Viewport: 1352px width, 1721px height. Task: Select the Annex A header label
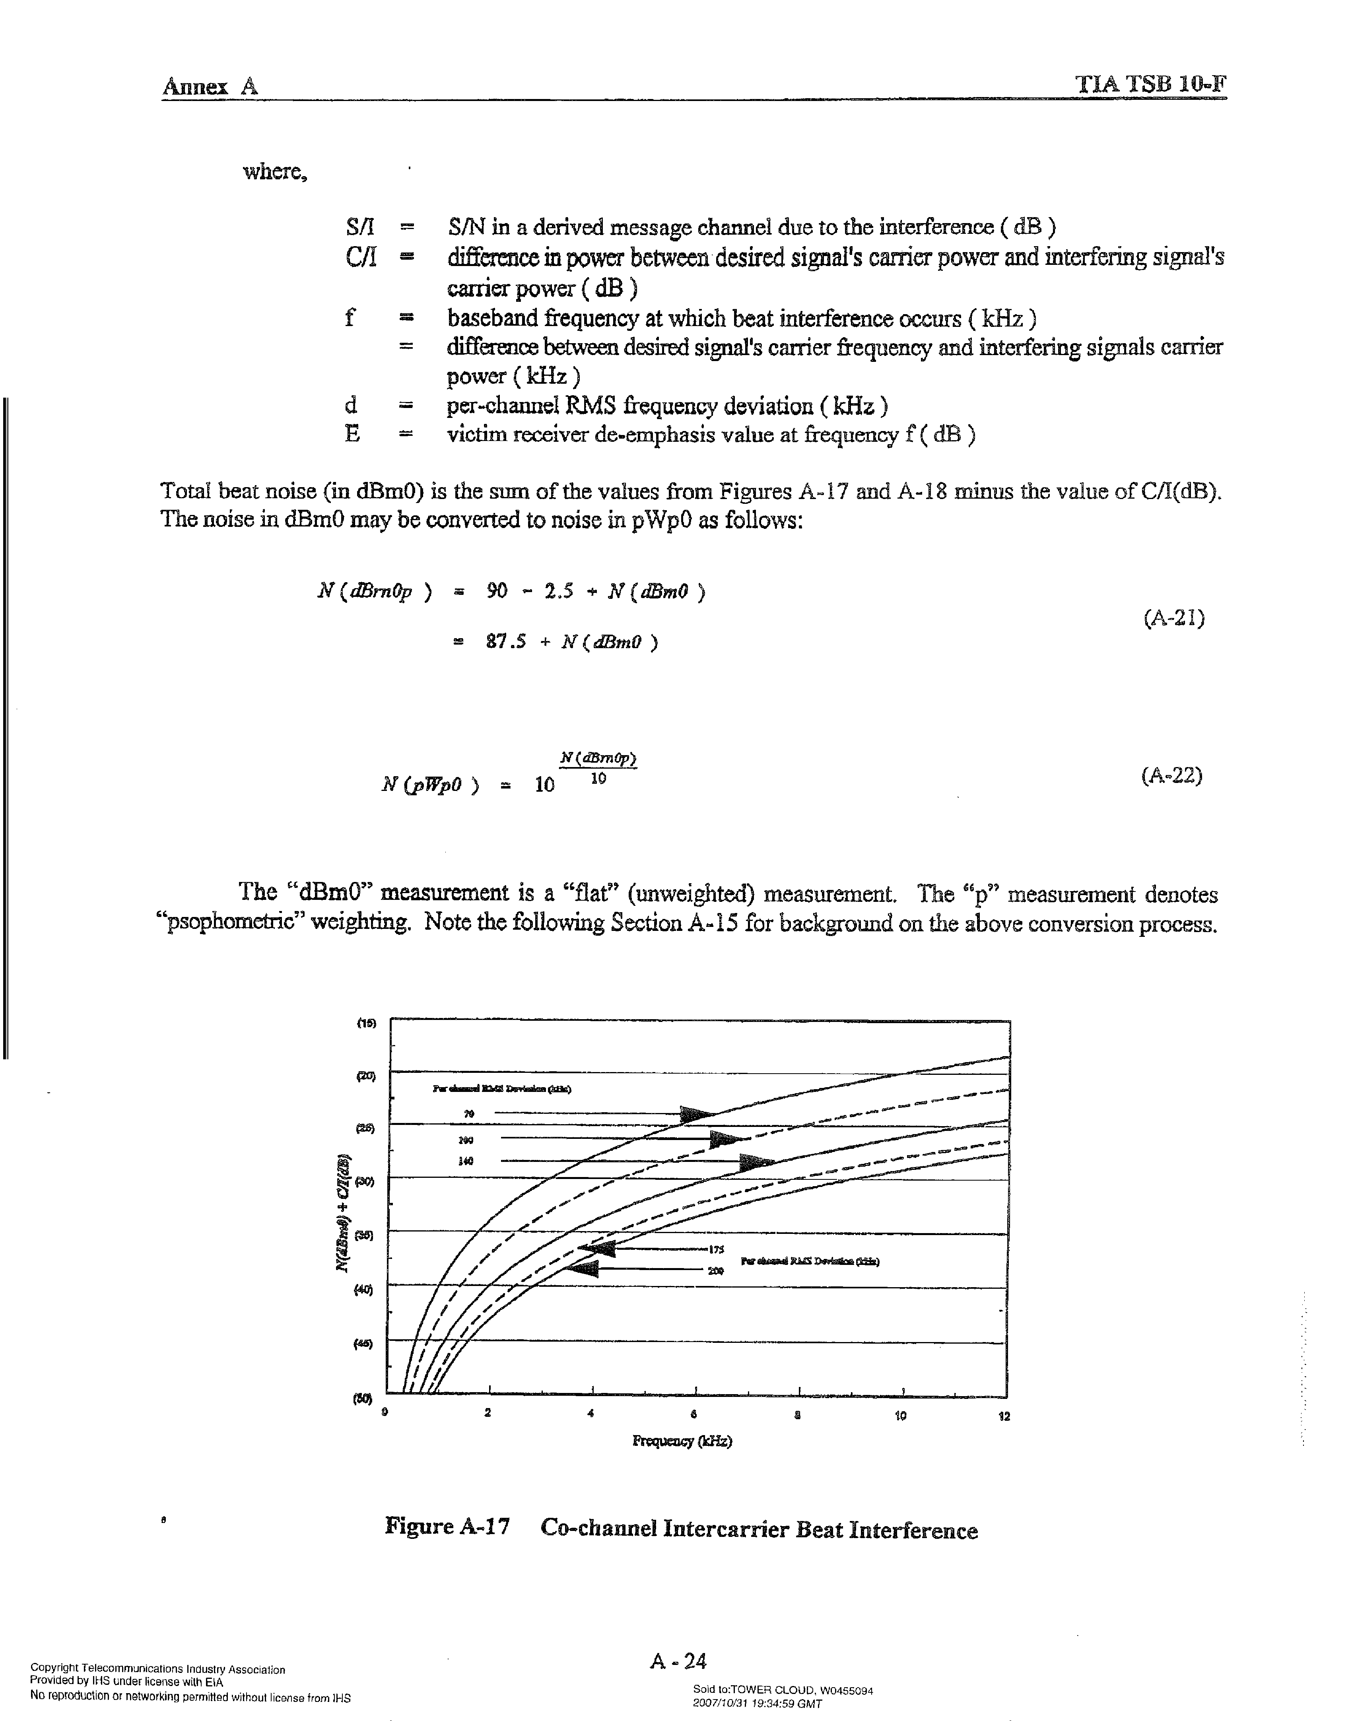click(211, 86)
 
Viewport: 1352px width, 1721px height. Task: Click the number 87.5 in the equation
click(506, 642)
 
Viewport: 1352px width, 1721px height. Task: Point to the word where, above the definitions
click(275, 172)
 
